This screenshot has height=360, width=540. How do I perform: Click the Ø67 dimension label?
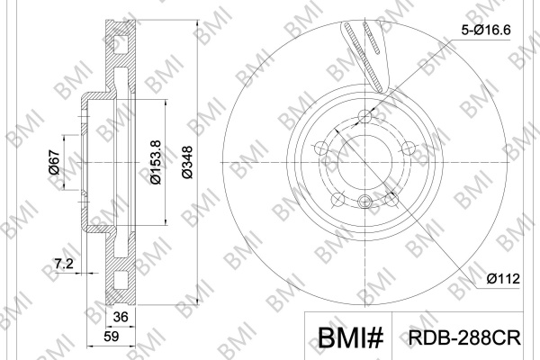[55, 162]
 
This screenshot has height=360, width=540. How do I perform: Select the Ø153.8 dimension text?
[156, 162]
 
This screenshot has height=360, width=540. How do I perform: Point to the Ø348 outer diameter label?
[188, 163]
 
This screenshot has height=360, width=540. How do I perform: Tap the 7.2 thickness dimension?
[64, 264]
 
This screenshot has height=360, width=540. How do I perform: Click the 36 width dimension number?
[121, 317]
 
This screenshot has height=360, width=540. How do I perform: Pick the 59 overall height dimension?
[111, 337]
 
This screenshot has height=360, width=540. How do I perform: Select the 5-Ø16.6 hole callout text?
[486, 31]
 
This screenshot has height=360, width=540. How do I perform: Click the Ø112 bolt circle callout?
[503, 278]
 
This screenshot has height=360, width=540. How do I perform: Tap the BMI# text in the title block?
[350, 337]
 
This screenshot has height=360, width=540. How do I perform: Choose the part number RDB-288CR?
[464, 337]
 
